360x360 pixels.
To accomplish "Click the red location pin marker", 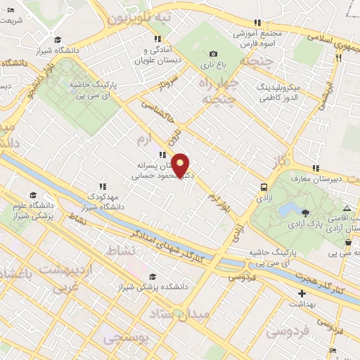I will [181, 165].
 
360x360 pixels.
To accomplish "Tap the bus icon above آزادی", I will [264, 188].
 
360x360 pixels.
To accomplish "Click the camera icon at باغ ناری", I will [213, 53].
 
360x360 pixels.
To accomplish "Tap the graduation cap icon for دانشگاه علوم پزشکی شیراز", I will [33, 195].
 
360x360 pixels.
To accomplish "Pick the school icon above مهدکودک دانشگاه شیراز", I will [103, 186].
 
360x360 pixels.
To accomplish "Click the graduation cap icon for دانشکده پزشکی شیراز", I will [153, 276].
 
